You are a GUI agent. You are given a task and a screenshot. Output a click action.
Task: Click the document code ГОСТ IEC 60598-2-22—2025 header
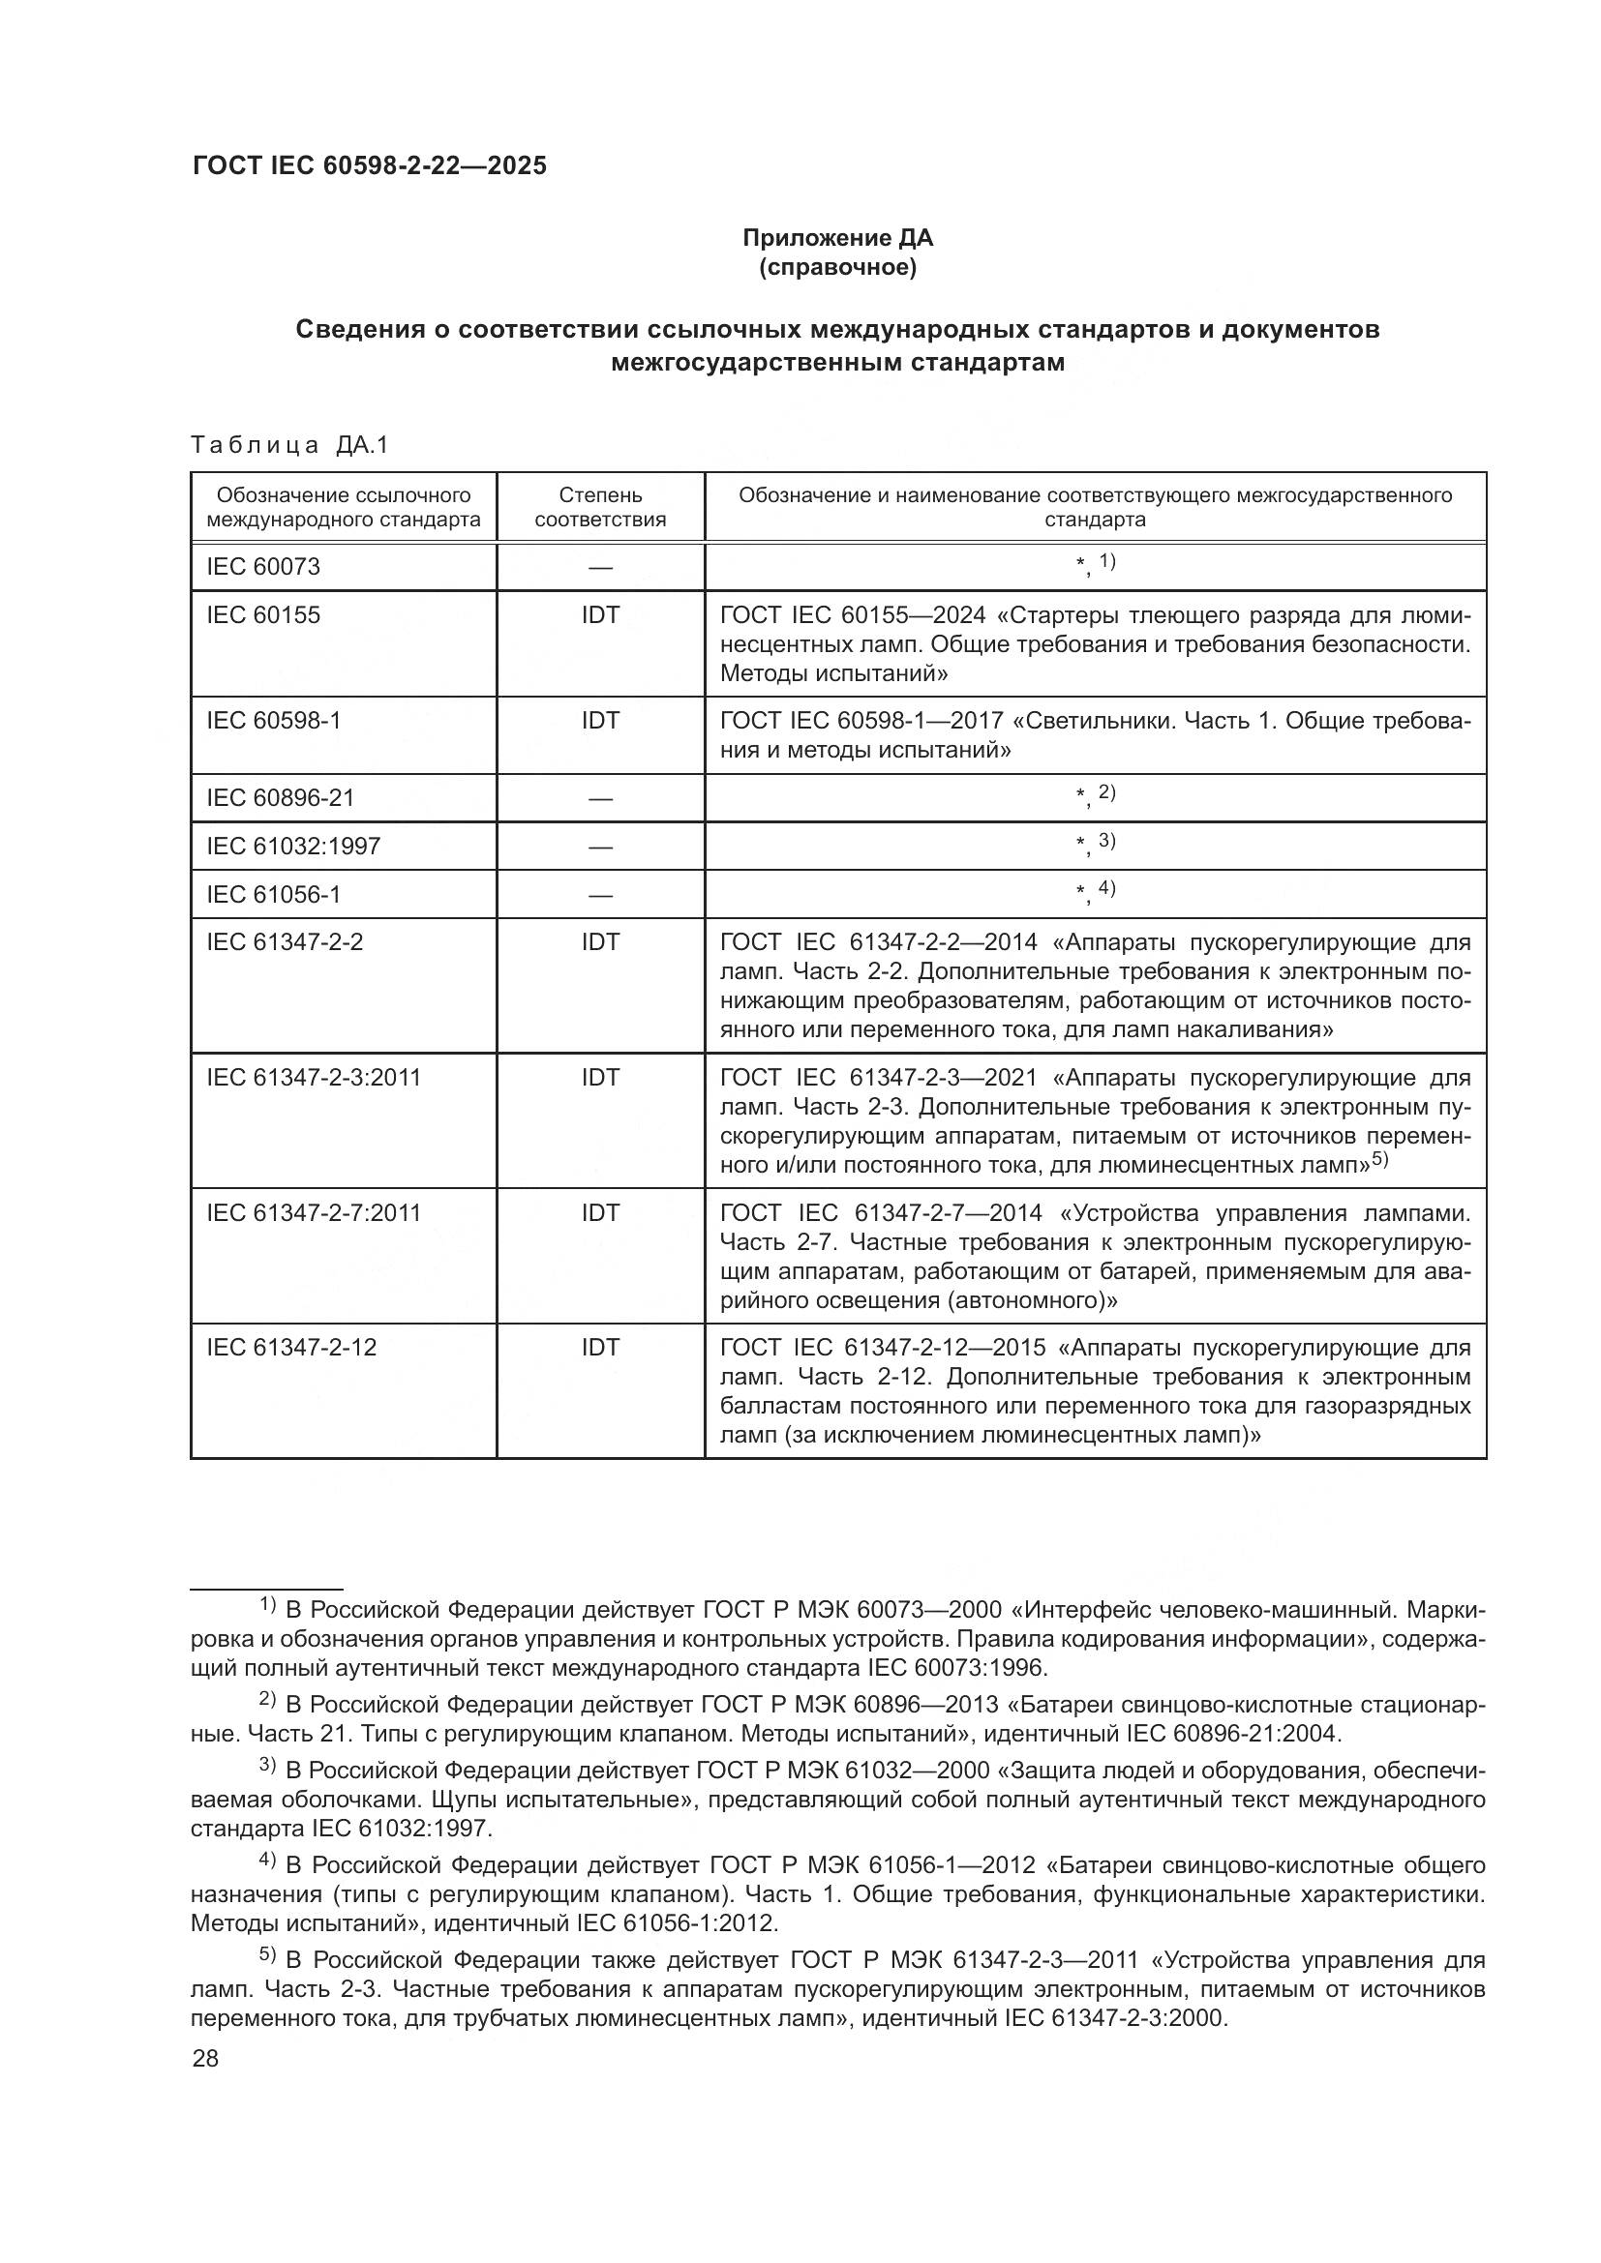[x=370, y=165]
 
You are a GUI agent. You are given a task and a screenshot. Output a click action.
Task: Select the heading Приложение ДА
[x=837, y=238]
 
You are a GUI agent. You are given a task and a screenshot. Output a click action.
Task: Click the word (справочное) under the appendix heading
[x=837, y=267]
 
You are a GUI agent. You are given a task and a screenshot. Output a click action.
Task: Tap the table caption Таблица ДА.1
[x=289, y=445]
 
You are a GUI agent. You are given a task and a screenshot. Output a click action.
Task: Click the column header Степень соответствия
[x=599, y=507]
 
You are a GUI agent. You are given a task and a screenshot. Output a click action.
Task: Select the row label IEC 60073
[x=263, y=567]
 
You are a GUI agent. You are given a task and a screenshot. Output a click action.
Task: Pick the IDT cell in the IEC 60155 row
[x=599, y=615]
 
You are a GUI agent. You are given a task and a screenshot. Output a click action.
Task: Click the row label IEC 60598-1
[x=273, y=721]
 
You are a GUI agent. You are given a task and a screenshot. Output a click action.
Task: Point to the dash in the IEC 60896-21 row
[x=599, y=798]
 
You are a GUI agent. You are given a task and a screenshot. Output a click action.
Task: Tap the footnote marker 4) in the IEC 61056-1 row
[x=1106, y=888]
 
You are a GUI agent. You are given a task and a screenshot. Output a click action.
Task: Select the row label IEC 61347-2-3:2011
[x=314, y=1077]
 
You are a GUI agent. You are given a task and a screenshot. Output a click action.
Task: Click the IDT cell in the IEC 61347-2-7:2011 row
[x=599, y=1212]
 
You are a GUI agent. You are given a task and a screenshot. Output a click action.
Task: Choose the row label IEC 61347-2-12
[x=290, y=1348]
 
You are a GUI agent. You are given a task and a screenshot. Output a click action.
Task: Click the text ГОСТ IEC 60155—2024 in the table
[x=853, y=615]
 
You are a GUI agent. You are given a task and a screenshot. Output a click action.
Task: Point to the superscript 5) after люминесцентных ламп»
[x=1379, y=1160]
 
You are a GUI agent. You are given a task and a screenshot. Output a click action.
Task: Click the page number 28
[x=205, y=2059]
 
